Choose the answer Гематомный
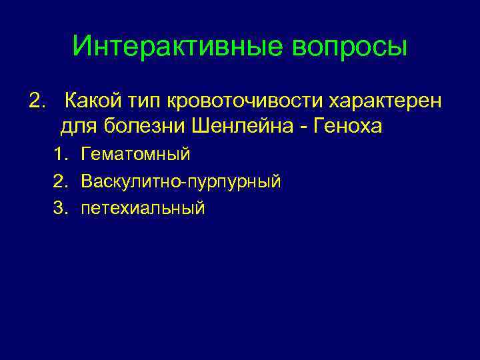click(x=135, y=155)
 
